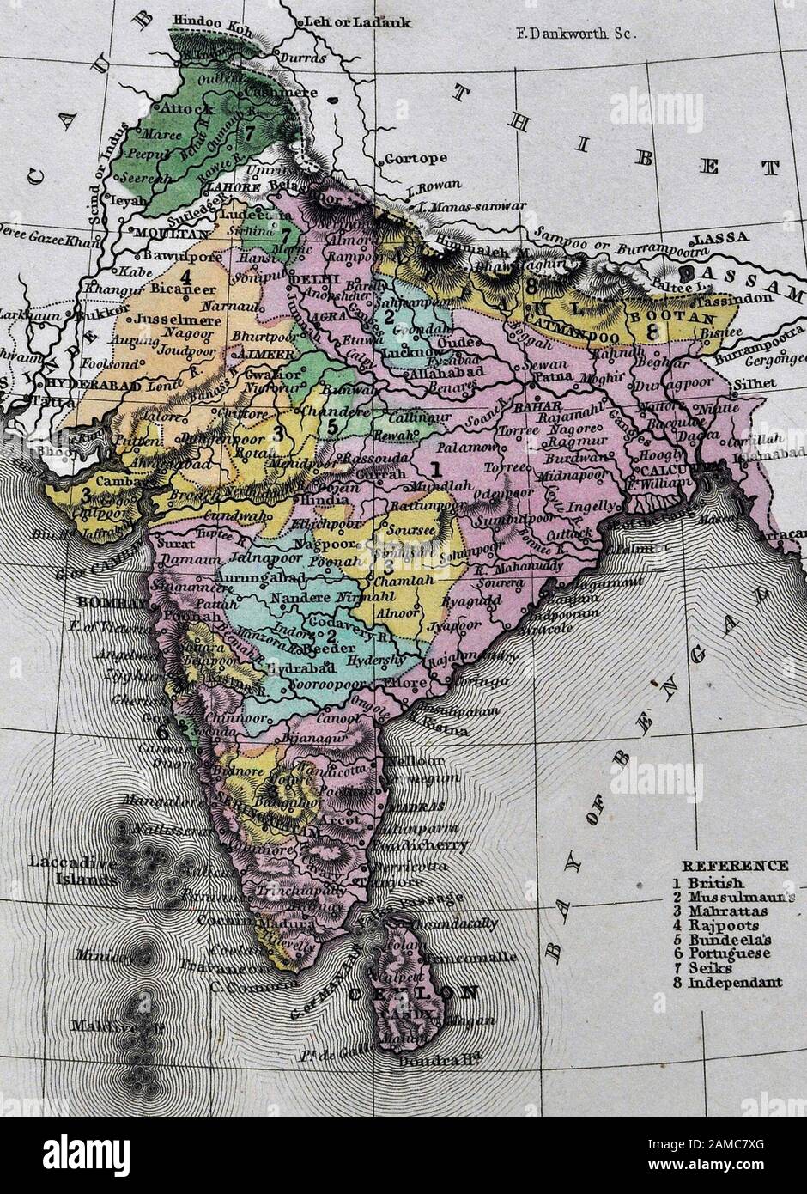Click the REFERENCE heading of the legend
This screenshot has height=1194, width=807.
point(734,866)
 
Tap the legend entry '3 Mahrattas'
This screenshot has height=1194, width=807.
point(726,911)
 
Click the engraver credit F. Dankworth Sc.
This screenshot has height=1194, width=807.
point(573,35)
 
